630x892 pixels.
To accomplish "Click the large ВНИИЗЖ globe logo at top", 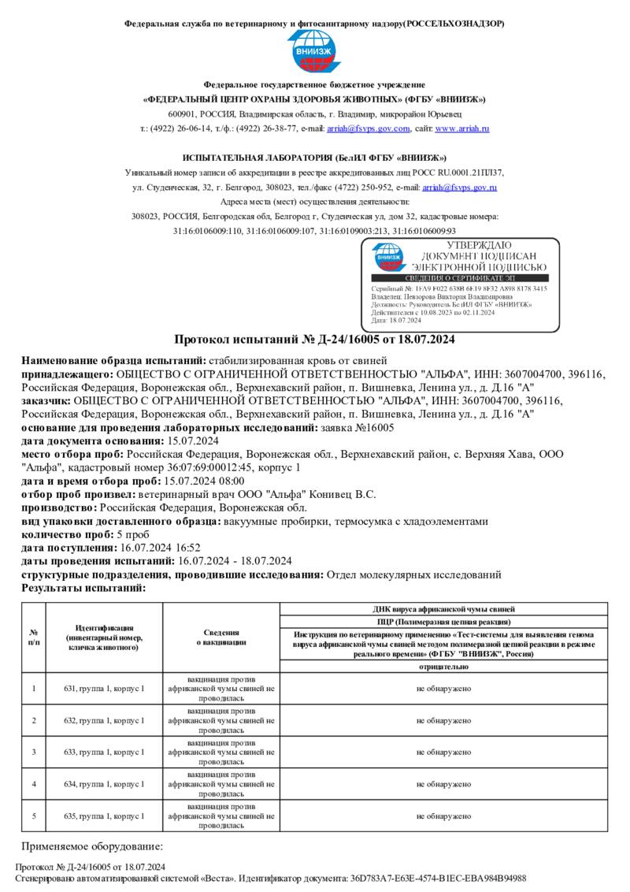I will point(314,53).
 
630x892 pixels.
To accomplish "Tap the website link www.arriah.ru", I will point(462,128).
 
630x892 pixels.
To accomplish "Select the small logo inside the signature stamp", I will point(388,256).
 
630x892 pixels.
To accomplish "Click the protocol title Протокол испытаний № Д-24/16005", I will point(314,340).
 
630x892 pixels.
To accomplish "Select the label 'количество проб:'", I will point(69,534).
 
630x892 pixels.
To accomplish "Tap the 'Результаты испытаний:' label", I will point(83,588).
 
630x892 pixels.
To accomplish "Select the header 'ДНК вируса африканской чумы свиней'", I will point(444,609).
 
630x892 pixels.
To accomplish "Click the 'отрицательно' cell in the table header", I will point(444,666).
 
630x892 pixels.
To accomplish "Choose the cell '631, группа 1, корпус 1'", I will point(104,689).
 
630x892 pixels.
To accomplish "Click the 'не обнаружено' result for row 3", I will point(444,752).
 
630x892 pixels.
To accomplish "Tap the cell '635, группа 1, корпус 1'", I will point(104,816).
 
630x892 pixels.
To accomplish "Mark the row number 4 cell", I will point(34,784).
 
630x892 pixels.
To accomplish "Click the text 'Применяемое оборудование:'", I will point(91,846).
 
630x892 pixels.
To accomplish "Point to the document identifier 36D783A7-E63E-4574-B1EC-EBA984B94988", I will point(439,878).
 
